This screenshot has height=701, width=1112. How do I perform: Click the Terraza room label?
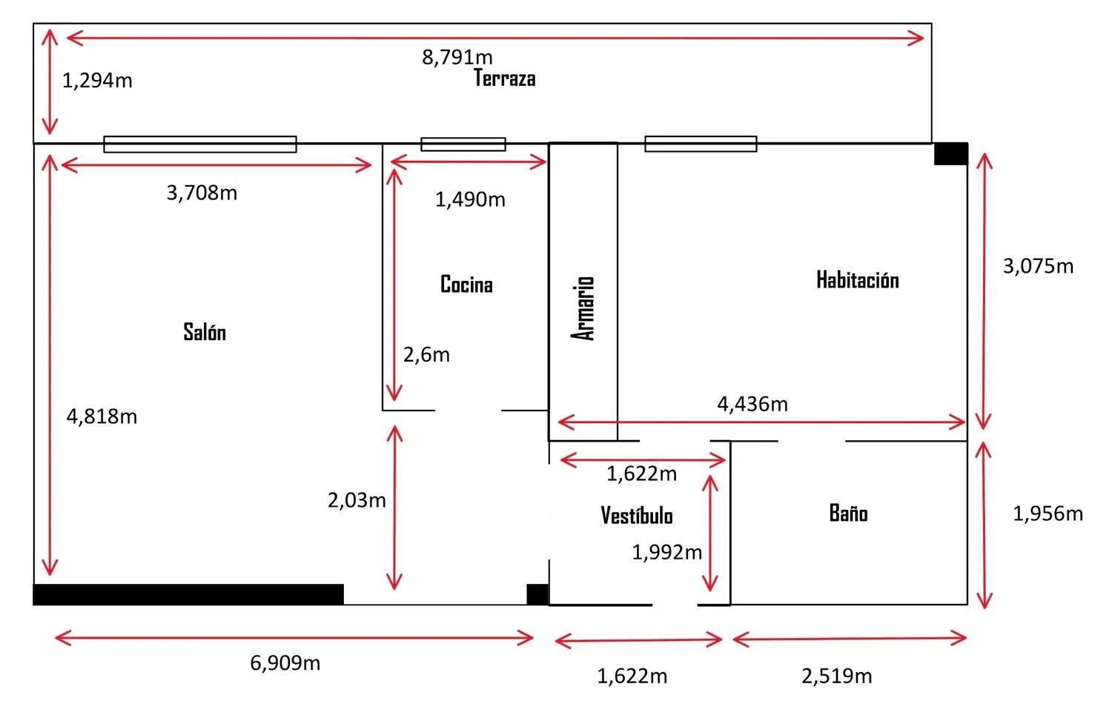(x=504, y=78)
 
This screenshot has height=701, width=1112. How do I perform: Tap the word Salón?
(x=205, y=331)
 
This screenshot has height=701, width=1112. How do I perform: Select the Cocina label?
(x=466, y=284)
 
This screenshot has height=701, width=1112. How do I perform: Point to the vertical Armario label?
(x=583, y=308)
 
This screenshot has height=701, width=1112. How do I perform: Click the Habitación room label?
(x=858, y=279)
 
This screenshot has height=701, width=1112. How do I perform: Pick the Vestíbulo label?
(x=637, y=515)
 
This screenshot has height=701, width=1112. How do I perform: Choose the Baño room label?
(x=848, y=513)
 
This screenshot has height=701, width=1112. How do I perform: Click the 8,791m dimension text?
(x=457, y=57)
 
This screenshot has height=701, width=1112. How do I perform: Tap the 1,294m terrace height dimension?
(x=97, y=80)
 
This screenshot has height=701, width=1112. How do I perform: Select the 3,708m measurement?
(x=202, y=193)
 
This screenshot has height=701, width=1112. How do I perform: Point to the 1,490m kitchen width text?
(x=470, y=199)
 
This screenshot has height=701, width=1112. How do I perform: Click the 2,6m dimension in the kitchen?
(x=426, y=354)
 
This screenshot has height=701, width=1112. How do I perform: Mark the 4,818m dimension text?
(x=102, y=416)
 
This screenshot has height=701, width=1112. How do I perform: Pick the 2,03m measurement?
(x=357, y=500)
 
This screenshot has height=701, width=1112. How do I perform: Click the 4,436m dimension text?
(x=752, y=404)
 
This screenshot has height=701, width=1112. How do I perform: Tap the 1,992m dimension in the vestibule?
(x=666, y=552)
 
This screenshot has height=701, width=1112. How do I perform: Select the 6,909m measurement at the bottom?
(x=285, y=662)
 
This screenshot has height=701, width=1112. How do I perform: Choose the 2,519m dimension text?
(x=836, y=676)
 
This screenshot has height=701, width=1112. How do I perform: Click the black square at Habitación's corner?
(x=950, y=153)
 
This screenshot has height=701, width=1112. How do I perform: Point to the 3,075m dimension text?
(x=1038, y=266)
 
